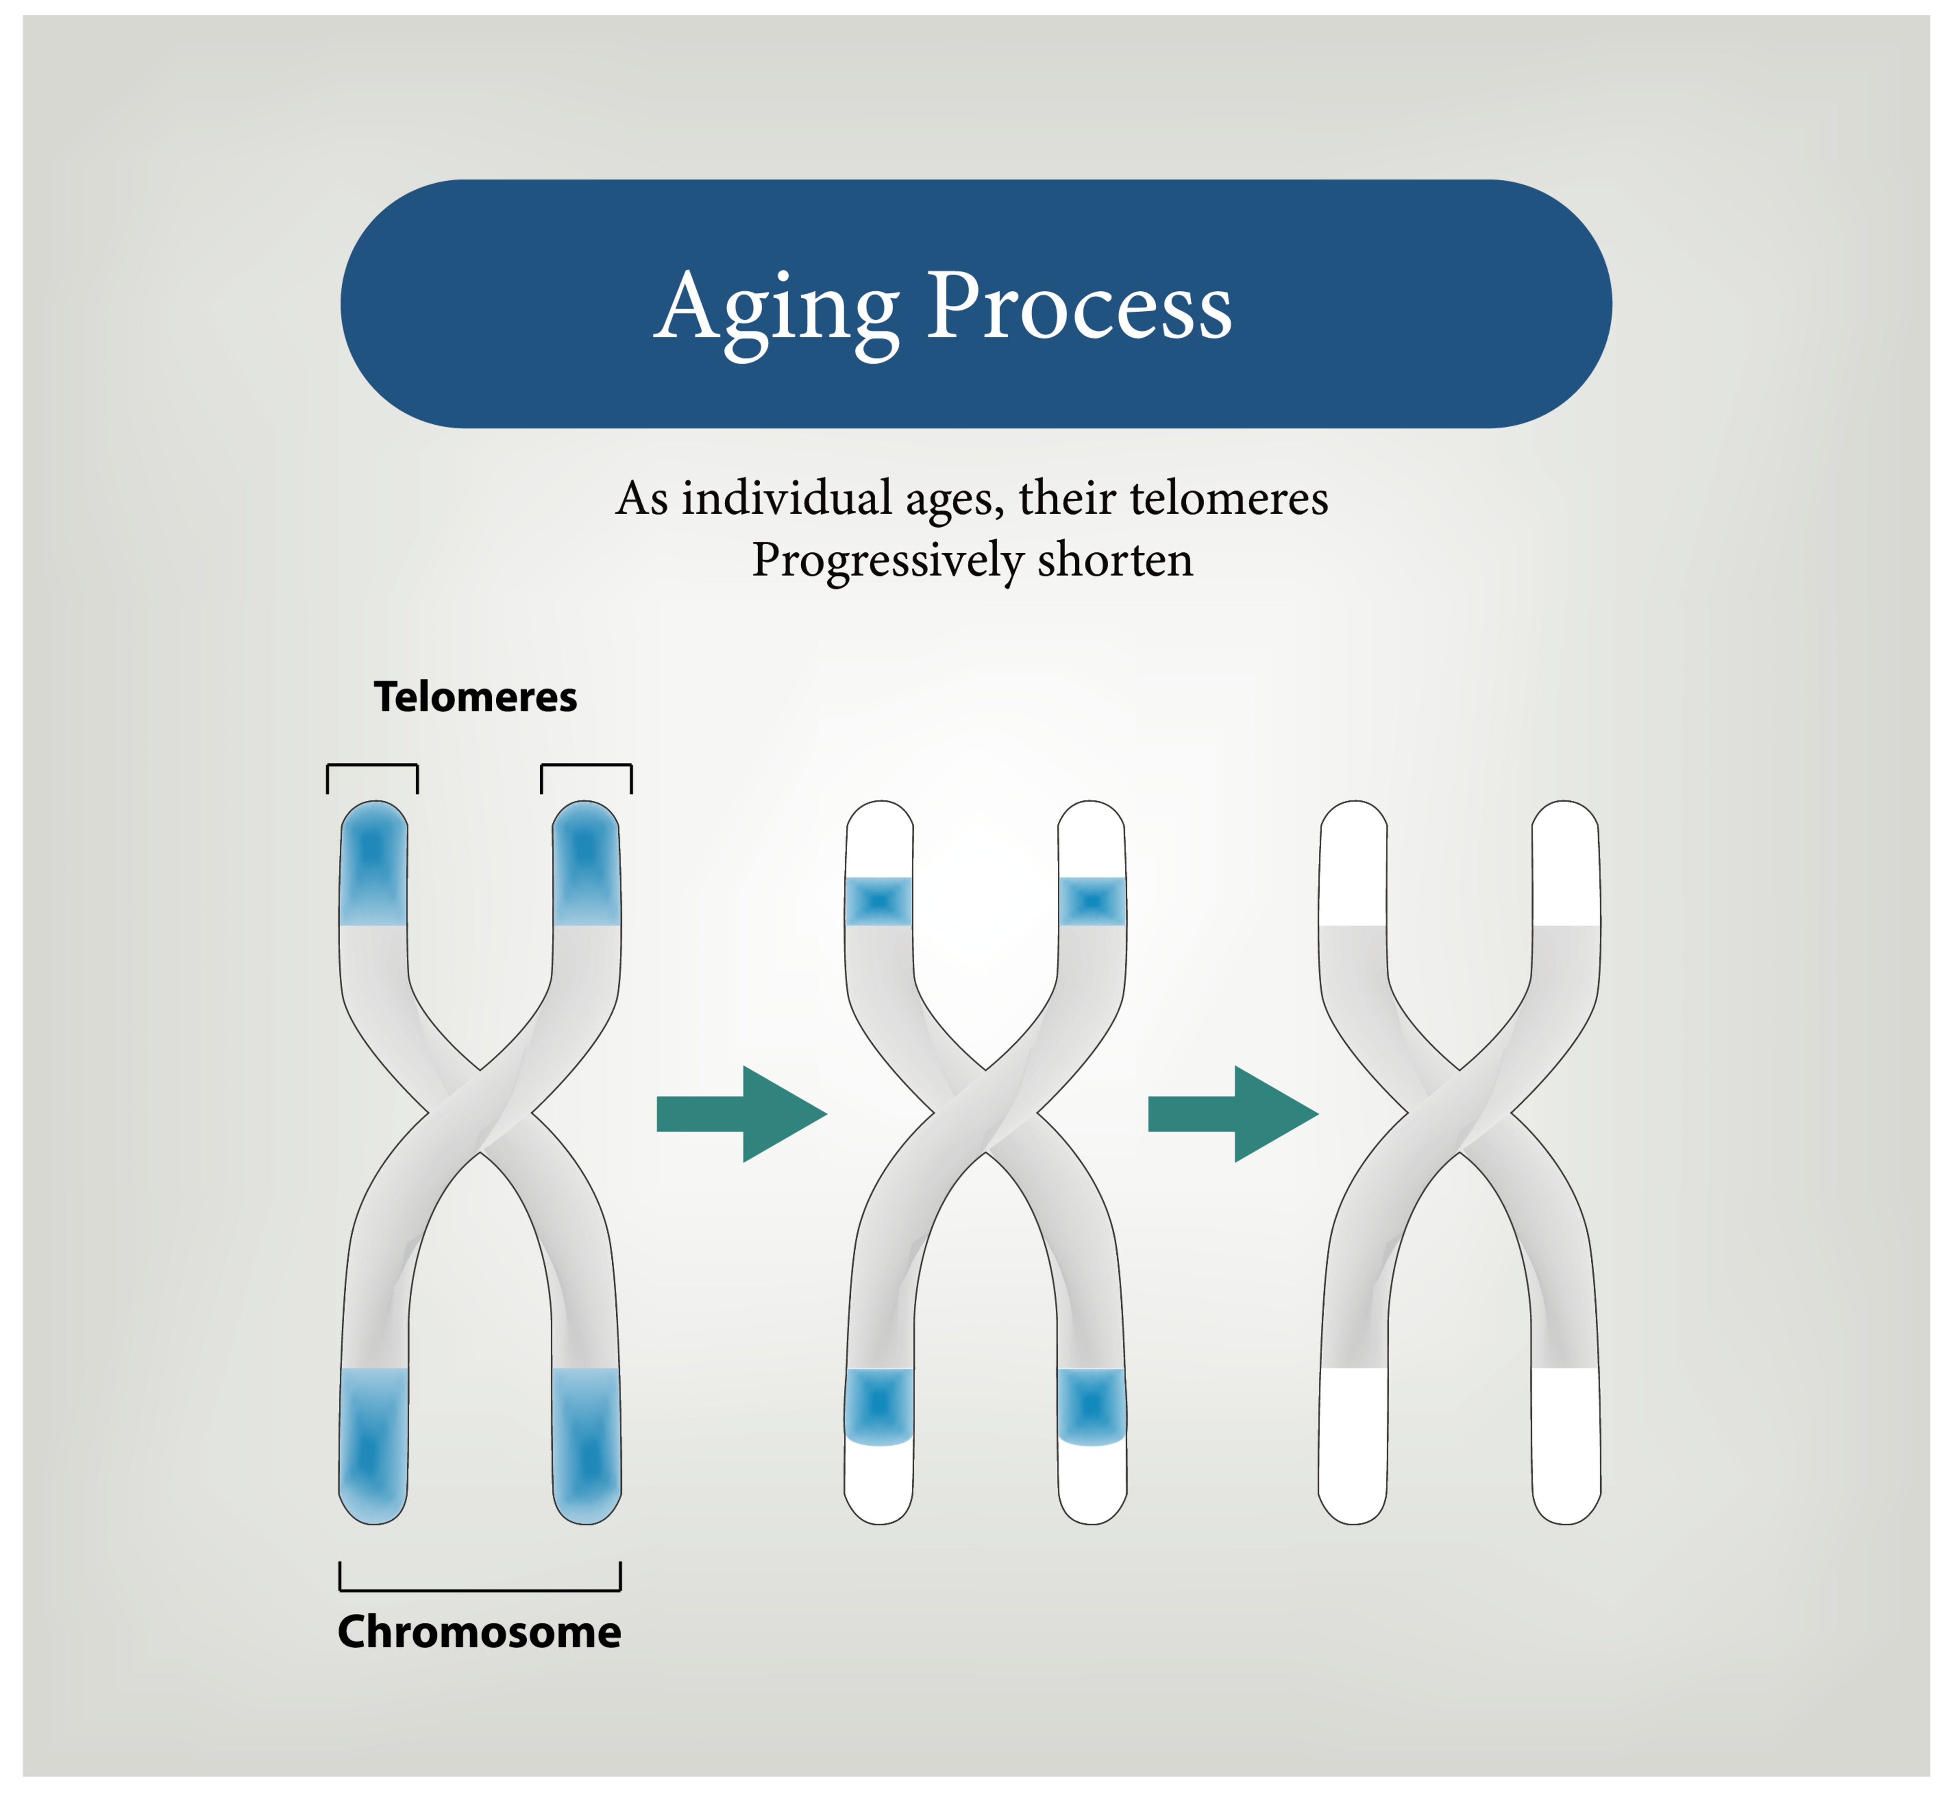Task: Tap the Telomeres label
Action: pyautogui.click(x=476, y=697)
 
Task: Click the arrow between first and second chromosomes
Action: pyautogui.click(x=742, y=1113)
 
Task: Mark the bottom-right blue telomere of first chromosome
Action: pyautogui.click(x=586, y=1444)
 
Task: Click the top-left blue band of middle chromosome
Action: pyautogui.click(x=879, y=901)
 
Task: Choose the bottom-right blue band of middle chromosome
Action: pyautogui.click(x=1092, y=1406)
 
